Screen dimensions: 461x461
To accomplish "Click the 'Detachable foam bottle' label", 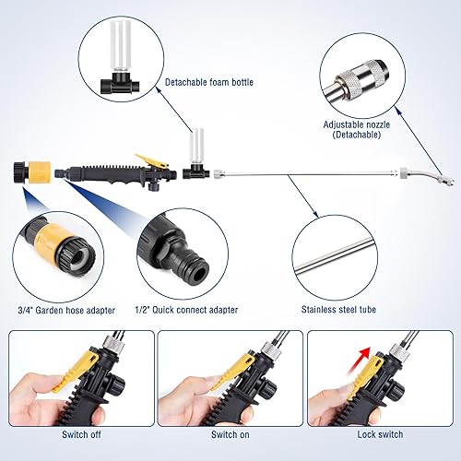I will pos(210,82).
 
